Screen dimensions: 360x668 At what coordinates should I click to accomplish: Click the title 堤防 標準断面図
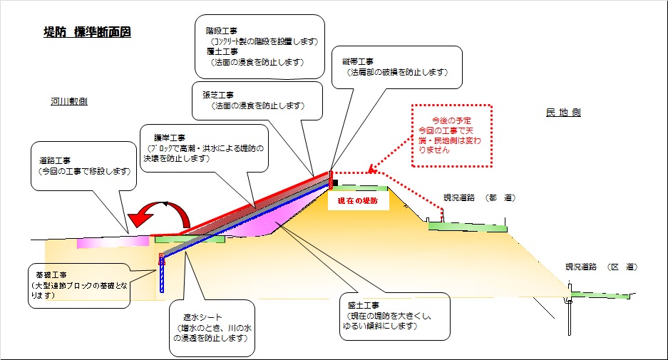point(87,32)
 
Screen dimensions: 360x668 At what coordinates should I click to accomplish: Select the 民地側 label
point(563,113)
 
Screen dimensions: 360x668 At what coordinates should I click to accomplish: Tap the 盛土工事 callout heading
point(364,305)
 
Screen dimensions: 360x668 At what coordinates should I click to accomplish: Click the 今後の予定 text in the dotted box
point(452,122)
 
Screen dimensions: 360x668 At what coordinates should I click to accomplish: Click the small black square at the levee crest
point(335,182)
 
